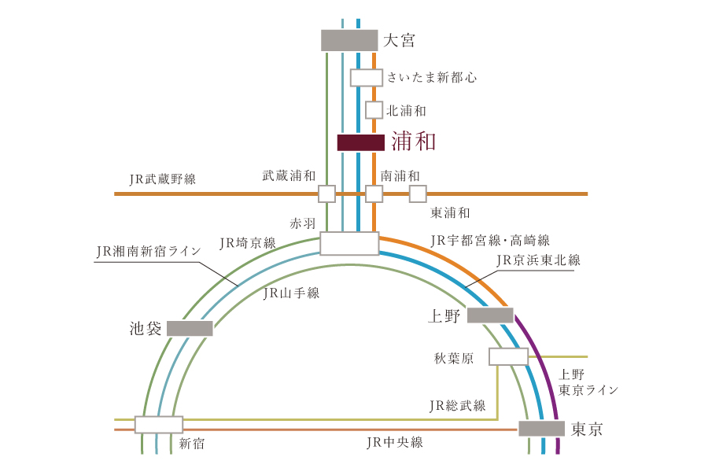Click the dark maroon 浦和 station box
(x=361, y=142)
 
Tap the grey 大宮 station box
(x=349, y=40)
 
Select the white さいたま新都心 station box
(x=367, y=78)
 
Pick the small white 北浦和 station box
(x=374, y=110)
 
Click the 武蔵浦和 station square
(x=327, y=194)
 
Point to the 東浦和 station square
(x=418, y=194)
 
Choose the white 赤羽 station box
(x=349, y=243)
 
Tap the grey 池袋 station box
(x=190, y=328)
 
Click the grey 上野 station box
(x=490, y=315)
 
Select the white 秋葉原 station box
(x=508, y=356)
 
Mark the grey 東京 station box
(x=541, y=428)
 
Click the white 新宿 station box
(x=159, y=425)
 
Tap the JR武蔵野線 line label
(x=163, y=179)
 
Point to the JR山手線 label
(x=292, y=293)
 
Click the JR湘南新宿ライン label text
(x=149, y=251)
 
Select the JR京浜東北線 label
(x=538, y=260)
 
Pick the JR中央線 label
(x=395, y=442)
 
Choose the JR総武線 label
(x=457, y=406)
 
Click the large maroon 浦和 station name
(x=414, y=142)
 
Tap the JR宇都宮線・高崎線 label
(x=490, y=240)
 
